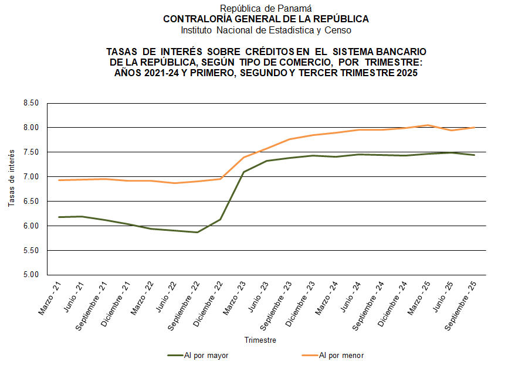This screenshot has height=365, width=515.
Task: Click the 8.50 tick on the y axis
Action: [30, 103]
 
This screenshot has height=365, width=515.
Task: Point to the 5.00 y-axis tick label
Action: [30, 275]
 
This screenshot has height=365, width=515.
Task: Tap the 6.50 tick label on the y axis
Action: [30, 202]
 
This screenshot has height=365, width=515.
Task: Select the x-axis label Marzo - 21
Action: [50, 297]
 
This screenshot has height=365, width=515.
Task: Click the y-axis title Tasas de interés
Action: [12, 177]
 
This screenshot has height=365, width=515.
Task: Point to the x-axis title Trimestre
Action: [260, 340]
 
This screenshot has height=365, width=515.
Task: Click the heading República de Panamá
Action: [266, 8]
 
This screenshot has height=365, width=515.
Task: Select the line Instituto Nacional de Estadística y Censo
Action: [266, 30]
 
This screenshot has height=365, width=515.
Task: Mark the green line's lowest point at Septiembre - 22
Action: [198, 232]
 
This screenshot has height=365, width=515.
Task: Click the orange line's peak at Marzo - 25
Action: [428, 125]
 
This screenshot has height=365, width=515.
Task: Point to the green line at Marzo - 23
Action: [243, 172]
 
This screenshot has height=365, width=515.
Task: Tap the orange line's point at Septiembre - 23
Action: [290, 139]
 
